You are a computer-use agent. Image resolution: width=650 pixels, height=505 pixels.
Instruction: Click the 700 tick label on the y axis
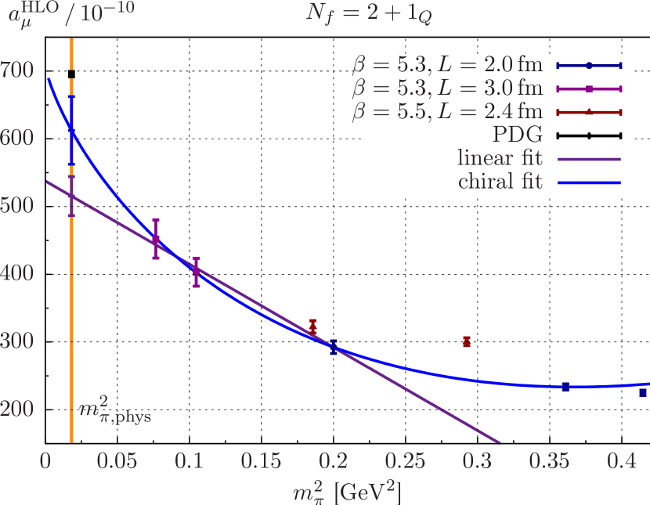pos(16,70)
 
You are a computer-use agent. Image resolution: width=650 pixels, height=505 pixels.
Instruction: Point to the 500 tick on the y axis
pos(16,206)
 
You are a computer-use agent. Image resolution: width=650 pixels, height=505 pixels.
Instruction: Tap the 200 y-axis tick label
pos(16,409)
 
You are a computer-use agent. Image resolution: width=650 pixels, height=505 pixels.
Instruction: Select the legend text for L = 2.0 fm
pos(447,66)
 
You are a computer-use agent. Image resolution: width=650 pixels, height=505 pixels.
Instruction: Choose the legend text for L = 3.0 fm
pos(447,89)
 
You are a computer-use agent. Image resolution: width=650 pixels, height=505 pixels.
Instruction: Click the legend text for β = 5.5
pos(447,113)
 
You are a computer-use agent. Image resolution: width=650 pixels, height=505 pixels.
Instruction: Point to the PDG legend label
pos(518,136)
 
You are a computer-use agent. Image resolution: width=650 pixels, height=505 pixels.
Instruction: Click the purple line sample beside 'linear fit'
pos(588,159)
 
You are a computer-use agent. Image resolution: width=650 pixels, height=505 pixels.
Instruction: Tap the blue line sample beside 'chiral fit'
pos(588,183)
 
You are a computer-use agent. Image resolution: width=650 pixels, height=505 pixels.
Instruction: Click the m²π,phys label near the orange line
pos(115,410)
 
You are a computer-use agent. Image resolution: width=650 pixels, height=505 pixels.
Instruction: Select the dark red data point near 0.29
pos(467,341)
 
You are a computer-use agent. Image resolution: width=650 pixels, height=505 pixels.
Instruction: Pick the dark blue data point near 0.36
pos(565,387)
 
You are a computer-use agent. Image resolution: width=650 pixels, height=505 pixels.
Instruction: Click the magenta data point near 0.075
pos(156,240)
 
